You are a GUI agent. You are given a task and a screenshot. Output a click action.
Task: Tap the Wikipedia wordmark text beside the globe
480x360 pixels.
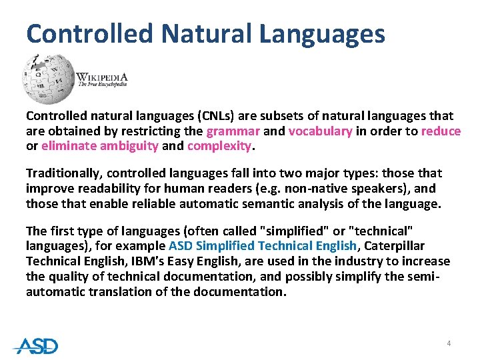[101, 79]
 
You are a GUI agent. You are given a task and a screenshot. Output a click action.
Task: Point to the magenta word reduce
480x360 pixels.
[441, 131]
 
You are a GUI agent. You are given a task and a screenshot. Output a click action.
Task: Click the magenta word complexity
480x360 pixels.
[219, 145]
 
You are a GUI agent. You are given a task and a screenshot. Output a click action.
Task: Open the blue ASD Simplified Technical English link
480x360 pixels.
[263, 245]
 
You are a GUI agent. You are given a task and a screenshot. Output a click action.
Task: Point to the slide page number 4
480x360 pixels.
[449, 343]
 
